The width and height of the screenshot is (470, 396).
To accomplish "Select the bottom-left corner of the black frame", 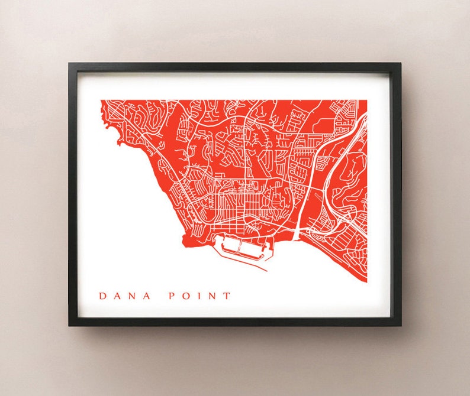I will click(x=69, y=325).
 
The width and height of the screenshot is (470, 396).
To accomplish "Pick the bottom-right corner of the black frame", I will click(x=400, y=325).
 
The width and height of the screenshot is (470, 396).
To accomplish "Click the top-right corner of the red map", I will click(x=366, y=100).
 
